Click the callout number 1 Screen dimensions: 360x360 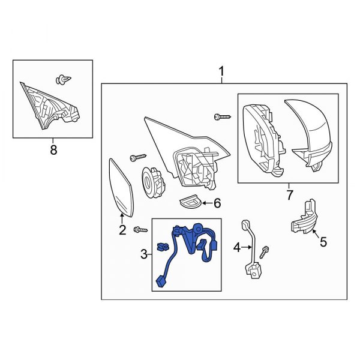(x=221, y=71)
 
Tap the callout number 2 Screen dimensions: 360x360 (x=122, y=230)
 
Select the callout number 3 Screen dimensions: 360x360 (x=144, y=254)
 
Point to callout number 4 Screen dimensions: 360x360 (x=237, y=247)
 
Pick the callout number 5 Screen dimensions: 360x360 (x=323, y=242)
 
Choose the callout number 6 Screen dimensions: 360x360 (x=217, y=203)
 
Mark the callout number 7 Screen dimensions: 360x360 (x=289, y=195)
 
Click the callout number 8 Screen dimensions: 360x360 (x=53, y=150)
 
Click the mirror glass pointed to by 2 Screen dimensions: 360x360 (x=121, y=187)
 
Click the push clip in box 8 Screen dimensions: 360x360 (x=64, y=79)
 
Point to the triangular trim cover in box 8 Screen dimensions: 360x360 (x=50, y=106)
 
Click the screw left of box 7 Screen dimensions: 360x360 (x=223, y=117)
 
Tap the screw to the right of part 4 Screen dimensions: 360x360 (x=265, y=252)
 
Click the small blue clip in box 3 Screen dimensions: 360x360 (x=162, y=247)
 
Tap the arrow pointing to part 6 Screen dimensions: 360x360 (x=208, y=203)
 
